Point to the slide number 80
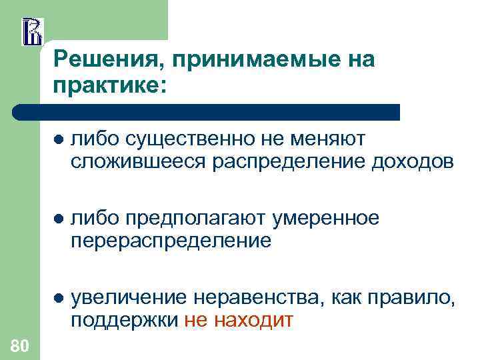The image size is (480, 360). pos(20,345)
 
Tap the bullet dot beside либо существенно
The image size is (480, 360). pos(58,139)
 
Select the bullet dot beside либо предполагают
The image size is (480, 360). pos(58,219)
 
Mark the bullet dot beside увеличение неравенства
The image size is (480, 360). pos(58,299)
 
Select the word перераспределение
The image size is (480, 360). pos(171,240)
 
